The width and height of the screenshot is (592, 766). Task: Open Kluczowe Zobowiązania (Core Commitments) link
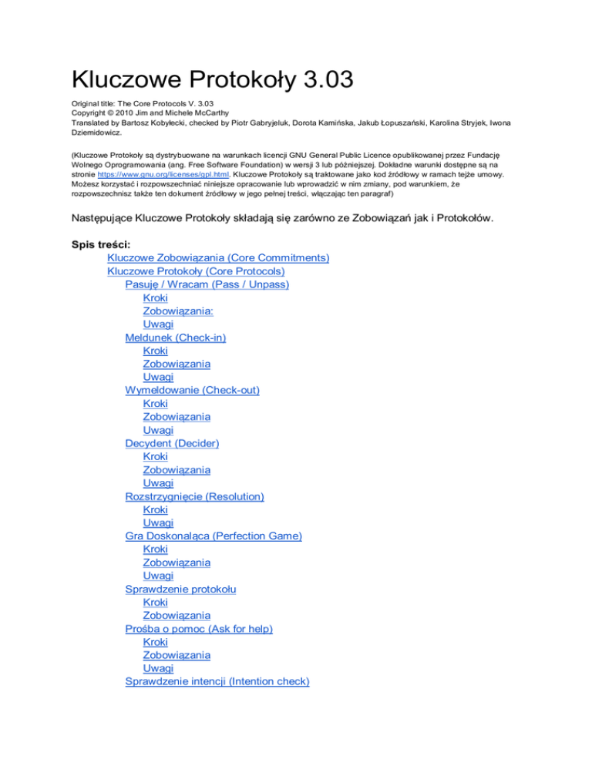[x=219, y=257]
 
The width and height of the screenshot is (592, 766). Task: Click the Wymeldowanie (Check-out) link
[x=192, y=390]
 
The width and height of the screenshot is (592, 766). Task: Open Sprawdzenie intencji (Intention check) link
[x=217, y=682]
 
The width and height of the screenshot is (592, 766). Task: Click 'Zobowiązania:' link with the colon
[x=179, y=311]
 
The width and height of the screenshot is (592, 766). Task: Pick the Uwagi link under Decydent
[x=157, y=482]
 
